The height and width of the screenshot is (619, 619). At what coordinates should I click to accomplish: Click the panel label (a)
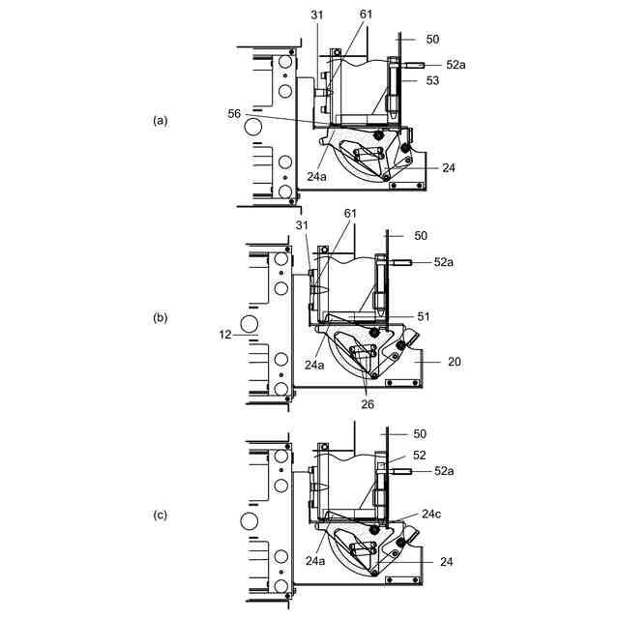pos(161,120)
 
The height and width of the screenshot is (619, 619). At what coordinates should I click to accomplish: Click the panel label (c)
pos(161,515)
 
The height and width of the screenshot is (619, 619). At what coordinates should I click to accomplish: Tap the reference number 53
pos(431,81)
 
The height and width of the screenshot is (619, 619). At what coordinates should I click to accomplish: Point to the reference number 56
pos(235,113)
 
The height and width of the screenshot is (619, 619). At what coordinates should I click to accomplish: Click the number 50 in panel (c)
pos(420,434)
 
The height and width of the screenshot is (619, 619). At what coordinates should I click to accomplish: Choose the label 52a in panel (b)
pos(443,262)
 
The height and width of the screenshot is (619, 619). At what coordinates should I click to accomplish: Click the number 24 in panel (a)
pos(449,167)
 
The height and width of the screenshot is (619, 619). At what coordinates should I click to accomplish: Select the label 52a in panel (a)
pos(457,64)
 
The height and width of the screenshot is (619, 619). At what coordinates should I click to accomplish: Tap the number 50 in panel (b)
pos(420,236)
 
